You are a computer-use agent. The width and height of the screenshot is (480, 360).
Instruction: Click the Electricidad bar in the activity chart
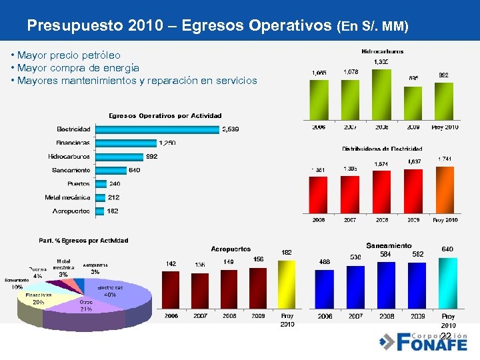click(x=157, y=129)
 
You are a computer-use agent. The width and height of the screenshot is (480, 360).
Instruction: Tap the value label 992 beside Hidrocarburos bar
click(x=153, y=157)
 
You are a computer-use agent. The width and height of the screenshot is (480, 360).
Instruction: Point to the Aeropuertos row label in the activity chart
click(x=71, y=211)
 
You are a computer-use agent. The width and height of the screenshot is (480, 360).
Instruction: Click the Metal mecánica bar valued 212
click(x=100, y=197)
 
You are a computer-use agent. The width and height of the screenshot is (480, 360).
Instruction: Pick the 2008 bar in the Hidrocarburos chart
click(x=381, y=95)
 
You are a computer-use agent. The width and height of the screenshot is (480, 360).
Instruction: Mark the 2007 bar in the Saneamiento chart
click(x=355, y=288)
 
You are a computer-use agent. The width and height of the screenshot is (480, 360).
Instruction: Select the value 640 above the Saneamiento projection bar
click(x=447, y=249)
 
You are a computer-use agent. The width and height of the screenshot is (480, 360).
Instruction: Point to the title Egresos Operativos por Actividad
click(x=161, y=116)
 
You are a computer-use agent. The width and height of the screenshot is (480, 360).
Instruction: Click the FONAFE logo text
click(x=432, y=344)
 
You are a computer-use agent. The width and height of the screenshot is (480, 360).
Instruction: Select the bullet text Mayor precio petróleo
click(x=69, y=55)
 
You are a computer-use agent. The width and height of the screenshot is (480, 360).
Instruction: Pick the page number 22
click(x=446, y=335)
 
